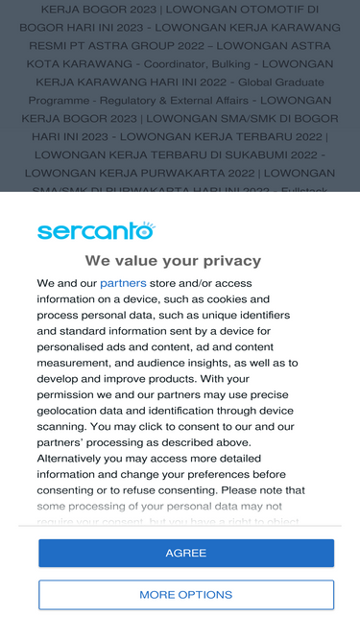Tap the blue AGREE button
(x=186, y=554)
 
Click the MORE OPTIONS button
(x=186, y=595)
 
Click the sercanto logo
(x=96, y=231)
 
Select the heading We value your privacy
(x=173, y=260)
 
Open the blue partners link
(x=123, y=283)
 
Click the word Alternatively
(x=74, y=459)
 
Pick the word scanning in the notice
(x=61, y=426)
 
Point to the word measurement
(x=77, y=363)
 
